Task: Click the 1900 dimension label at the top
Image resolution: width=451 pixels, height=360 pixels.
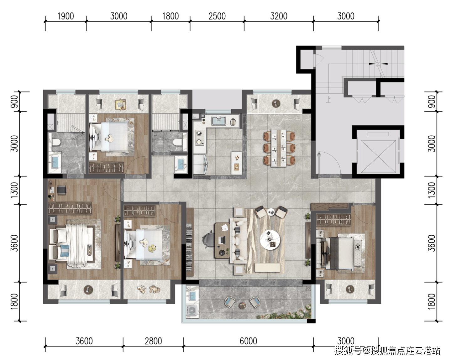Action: coord(66,16)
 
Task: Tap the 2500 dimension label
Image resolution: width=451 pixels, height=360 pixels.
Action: coord(217,16)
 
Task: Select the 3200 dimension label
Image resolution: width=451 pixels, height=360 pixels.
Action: coord(279,16)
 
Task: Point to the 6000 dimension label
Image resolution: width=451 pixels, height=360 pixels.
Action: coord(248,341)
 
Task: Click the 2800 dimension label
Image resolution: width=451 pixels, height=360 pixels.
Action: coord(153,341)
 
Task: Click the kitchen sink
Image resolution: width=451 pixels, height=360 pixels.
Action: coord(218,121)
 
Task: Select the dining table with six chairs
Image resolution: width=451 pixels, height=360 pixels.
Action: coord(279,148)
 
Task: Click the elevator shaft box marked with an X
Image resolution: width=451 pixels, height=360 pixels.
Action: coord(378,157)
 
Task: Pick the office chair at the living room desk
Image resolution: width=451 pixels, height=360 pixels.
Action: coord(208,239)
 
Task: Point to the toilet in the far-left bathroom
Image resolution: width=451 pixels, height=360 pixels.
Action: coord(56,143)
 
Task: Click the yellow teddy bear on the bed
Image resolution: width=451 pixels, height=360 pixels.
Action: coord(152,248)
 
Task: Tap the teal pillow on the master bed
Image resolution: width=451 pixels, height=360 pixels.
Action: coord(65,251)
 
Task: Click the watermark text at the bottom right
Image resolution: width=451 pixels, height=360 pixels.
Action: coord(387,350)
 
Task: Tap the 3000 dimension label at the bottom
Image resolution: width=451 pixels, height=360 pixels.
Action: coord(346,341)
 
